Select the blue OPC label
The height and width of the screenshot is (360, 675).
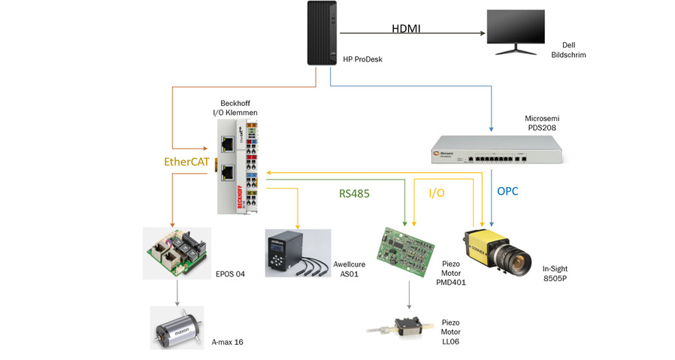[x=509, y=192]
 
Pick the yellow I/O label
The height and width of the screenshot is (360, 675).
[x=437, y=193]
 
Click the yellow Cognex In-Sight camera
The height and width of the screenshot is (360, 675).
[x=497, y=251]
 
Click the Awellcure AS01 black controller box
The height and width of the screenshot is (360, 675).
[x=294, y=254]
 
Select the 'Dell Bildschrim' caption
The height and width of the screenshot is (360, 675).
[x=568, y=50]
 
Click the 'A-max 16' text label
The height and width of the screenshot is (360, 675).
[x=227, y=342]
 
